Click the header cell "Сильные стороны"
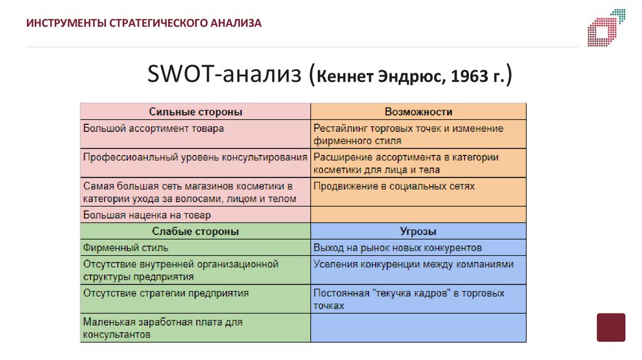pyautogui.click(x=195, y=112)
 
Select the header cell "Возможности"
pyautogui.click(x=418, y=112)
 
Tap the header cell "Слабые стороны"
pyautogui.click(x=195, y=231)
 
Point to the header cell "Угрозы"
pyautogui.click(x=418, y=231)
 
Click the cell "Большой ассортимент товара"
pyautogui.click(x=195, y=129)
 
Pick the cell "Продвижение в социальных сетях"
pyautogui.click(x=418, y=187)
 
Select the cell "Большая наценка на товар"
pyautogui.click(x=195, y=214)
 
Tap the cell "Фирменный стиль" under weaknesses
pyautogui.click(x=195, y=248)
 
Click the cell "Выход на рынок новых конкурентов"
pyautogui.click(x=418, y=248)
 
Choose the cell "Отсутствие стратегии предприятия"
pyautogui.click(x=195, y=294)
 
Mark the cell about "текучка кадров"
pyautogui.click(x=418, y=299)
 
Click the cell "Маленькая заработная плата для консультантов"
pyautogui.click(x=195, y=328)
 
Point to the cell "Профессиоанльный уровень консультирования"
pyautogui.click(x=195, y=157)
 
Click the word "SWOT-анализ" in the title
pyautogui.click(x=225, y=75)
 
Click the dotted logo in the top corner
pyautogui.click(x=606, y=27)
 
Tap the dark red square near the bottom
pyautogui.click(x=611, y=327)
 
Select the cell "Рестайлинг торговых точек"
pyautogui.click(x=418, y=134)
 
